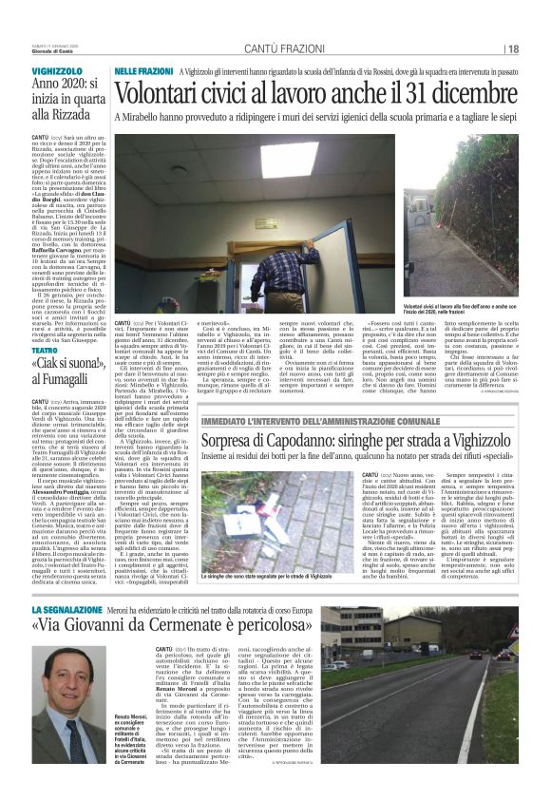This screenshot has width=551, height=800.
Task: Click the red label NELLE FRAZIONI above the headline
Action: pos(143,70)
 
